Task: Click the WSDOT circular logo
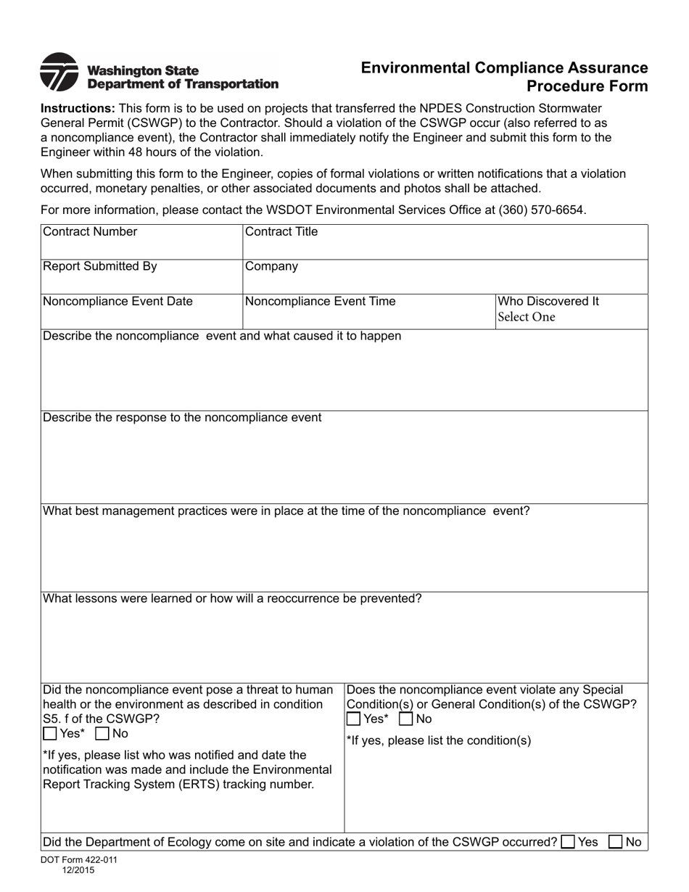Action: click(59, 73)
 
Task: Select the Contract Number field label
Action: click(90, 232)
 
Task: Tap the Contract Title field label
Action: click(281, 232)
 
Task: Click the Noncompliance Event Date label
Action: click(117, 302)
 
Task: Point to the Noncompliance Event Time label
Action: click(321, 302)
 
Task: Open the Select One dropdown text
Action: click(527, 317)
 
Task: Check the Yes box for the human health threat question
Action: click(50, 734)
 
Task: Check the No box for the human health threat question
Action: click(102, 734)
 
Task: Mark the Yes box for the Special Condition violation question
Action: click(353, 719)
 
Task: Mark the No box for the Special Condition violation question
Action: click(406, 719)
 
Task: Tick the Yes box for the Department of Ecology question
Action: click(569, 842)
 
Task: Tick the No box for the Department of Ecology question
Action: click(616, 842)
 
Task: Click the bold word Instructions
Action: click(78, 107)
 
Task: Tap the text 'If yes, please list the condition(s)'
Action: click(439, 741)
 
